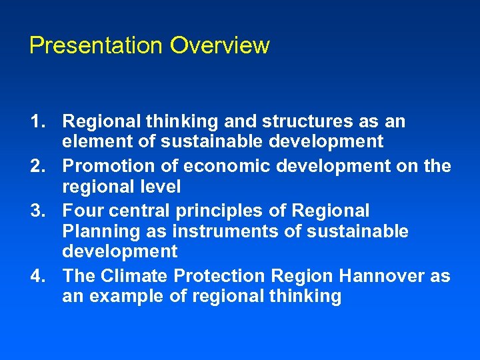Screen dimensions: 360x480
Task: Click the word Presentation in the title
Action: [96, 46]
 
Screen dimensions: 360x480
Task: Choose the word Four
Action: [81, 211]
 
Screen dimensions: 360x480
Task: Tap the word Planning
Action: [96, 232]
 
